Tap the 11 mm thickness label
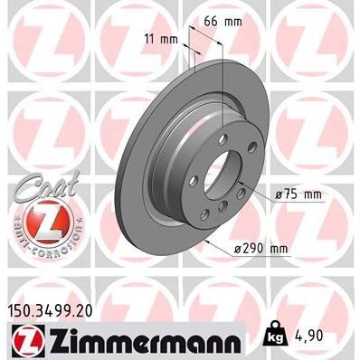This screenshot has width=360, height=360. pyautogui.click(x=161, y=40)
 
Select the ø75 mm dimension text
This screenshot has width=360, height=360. pyautogui.click(x=297, y=194)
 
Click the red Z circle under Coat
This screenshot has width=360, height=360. pyautogui.click(x=33, y=217)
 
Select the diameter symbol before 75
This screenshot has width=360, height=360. pyautogui.click(x=277, y=194)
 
